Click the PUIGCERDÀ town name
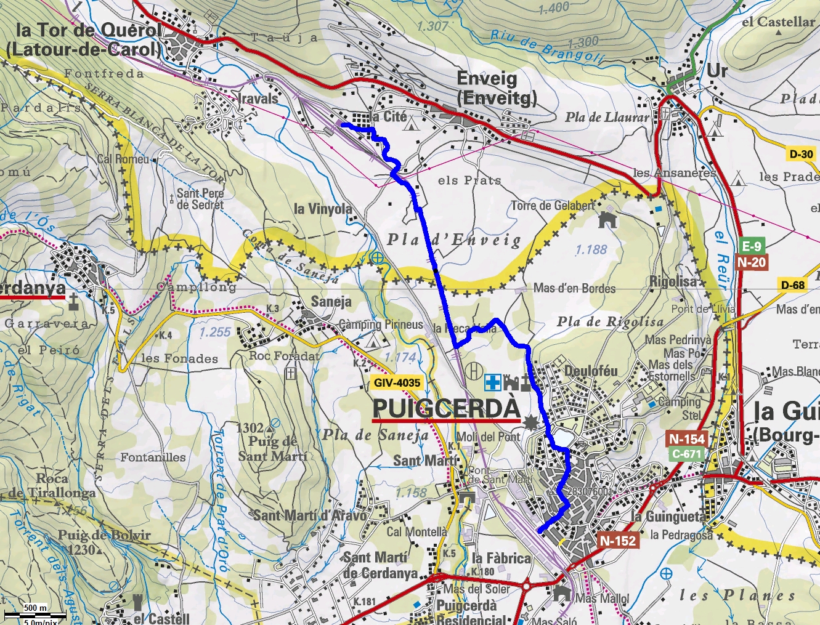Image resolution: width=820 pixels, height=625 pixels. [x=446, y=408]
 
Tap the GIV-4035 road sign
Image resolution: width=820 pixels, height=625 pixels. [x=397, y=382]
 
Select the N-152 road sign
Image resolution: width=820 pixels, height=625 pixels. [x=617, y=541]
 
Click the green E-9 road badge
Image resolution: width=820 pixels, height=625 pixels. [x=751, y=246]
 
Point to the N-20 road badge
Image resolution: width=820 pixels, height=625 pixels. [x=751, y=262]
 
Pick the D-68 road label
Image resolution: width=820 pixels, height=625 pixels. [x=793, y=285]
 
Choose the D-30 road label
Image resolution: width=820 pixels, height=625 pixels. [x=801, y=154]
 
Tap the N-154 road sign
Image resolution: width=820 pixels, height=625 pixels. [x=687, y=439]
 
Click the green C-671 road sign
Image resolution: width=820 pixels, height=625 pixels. [x=686, y=454]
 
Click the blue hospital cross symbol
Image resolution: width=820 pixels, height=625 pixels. [x=492, y=382]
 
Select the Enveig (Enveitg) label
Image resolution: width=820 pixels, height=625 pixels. [x=497, y=88]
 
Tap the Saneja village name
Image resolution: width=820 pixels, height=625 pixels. [x=331, y=301]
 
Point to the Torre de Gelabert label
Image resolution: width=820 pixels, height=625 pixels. [x=553, y=206]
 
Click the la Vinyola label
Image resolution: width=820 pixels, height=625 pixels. [x=322, y=209]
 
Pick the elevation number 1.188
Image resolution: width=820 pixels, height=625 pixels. [x=591, y=249]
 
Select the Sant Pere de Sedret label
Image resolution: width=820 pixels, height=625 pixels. [x=200, y=198]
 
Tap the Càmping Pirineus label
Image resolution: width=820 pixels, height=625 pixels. [x=381, y=325]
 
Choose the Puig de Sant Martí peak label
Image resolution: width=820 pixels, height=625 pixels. [x=272, y=448]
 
